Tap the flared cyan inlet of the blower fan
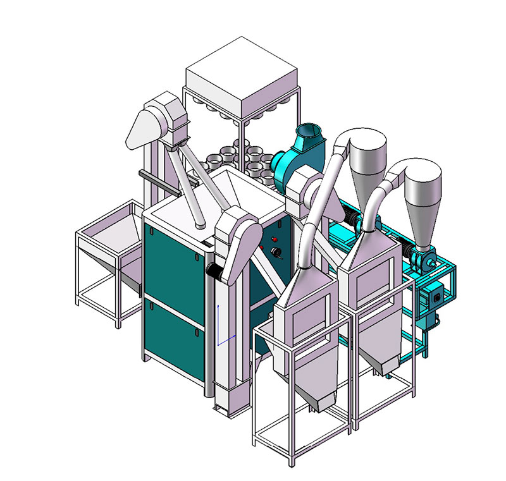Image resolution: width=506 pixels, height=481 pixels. (308, 135)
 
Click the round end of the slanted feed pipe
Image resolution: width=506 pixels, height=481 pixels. (199, 224)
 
